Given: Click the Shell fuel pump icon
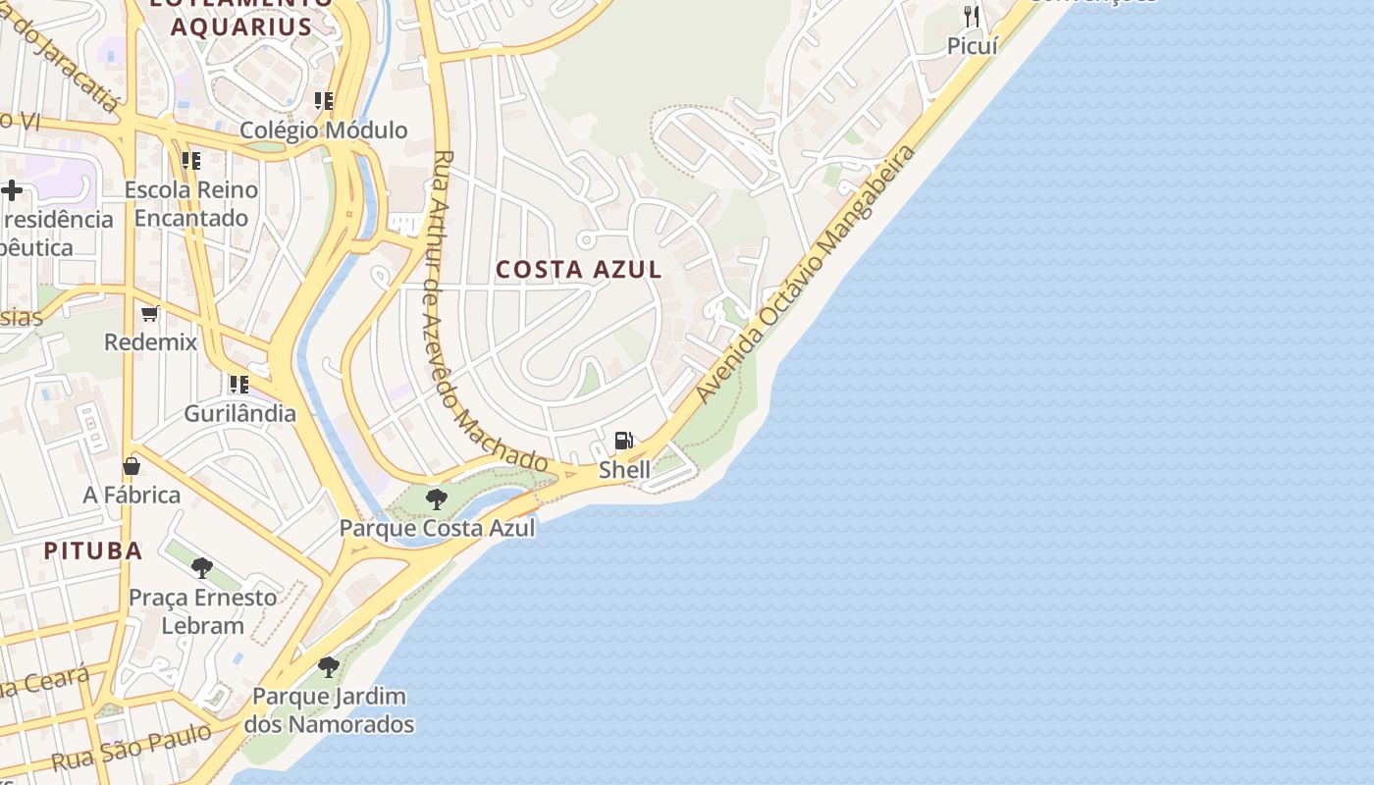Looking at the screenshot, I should (x=623, y=441).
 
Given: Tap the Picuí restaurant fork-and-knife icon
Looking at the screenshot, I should (x=972, y=16).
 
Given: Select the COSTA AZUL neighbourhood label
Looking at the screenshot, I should (x=579, y=269).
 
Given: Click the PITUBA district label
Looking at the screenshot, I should (x=93, y=550).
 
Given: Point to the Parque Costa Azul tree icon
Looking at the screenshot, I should (x=437, y=499).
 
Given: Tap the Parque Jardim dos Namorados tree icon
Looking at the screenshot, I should (x=329, y=667).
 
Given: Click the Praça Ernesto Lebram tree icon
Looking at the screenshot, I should (x=202, y=567).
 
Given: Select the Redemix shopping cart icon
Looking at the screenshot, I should (x=150, y=314).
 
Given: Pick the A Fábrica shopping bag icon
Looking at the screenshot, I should (x=132, y=466).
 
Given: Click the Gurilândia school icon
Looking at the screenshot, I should (x=239, y=384).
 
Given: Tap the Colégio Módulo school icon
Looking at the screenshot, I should (x=324, y=101).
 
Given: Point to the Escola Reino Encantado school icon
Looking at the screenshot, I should (x=191, y=160).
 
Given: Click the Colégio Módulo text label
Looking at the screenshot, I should (x=324, y=131).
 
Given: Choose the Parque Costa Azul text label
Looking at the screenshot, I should (x=437, y=528).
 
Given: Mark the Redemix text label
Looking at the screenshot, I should (x=151, y=342).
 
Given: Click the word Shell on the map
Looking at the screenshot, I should (x=624, y=469).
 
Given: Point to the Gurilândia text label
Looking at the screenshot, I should (x=239, y=413).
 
